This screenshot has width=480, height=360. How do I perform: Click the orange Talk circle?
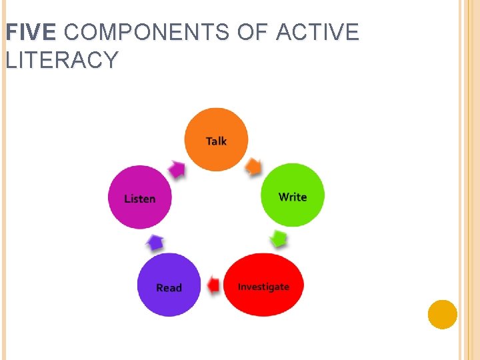[215, 139]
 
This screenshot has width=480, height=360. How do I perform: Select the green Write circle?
[292, 195]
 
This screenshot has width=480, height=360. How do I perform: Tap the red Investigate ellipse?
[263, 285]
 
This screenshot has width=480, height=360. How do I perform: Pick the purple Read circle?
[169, 285]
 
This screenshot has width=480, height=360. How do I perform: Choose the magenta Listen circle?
[140, 197]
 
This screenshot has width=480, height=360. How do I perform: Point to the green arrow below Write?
[279, 239]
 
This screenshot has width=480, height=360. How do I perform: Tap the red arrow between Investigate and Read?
[213, 285]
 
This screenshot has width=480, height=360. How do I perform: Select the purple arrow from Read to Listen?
[155, 243]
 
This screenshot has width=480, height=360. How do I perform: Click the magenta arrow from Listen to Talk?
[177, 169]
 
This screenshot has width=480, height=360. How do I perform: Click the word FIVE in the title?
[31, 31]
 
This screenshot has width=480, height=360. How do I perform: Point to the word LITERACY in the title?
[62, 60]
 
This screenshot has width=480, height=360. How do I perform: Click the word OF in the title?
[253, 31]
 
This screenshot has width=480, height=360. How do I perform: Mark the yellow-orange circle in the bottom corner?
[442, 314]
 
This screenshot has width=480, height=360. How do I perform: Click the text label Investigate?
[263, 287]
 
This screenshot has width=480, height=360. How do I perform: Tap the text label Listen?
[140, 199]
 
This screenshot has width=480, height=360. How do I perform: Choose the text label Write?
[293, 197]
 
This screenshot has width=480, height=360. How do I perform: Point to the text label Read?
[169, 288]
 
